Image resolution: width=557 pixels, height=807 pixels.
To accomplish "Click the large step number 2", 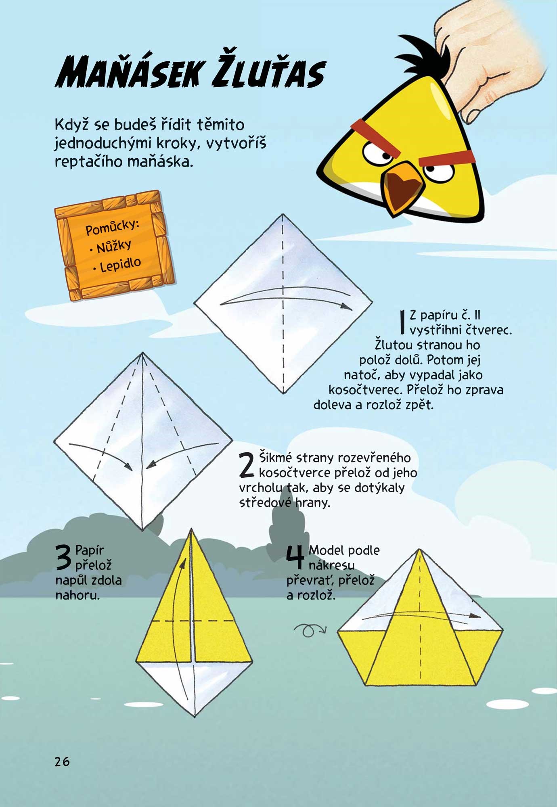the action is pyautogui.click(x=246, y=465).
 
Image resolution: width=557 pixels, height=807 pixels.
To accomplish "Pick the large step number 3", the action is pyautogui.click(x=63, y=558).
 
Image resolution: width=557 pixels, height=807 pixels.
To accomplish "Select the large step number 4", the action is pyautogui.click(x=295, y=558).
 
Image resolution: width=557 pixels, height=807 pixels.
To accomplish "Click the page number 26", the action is pyautogui.click(x=62, y=761).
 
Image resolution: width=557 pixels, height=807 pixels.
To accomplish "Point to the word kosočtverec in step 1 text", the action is pyautogui.click(x=366, y=390).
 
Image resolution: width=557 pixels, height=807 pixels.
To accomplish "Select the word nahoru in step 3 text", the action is pyautogui.click(x=77, y=595).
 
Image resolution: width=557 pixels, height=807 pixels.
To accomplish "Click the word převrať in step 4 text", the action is pyautogui.click(x=310, y=581).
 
